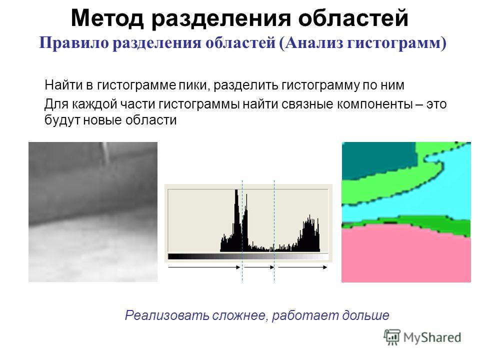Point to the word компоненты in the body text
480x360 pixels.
(x=374, y=104)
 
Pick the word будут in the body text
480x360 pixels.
(x=62, y=119)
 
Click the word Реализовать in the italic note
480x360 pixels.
(x=167, y=315)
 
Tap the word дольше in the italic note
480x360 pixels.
(x=365, y=315)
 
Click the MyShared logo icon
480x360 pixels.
(x=392, y=337)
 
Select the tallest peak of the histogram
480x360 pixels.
(x=236, y=190)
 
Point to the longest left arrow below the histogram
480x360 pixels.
(x=204, y=267)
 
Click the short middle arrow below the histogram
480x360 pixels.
(x=259, y=267)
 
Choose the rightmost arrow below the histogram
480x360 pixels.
(x=302, y=267)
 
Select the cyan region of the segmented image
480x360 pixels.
(x=428, y=199)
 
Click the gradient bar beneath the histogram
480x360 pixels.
(x=248, y=256)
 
